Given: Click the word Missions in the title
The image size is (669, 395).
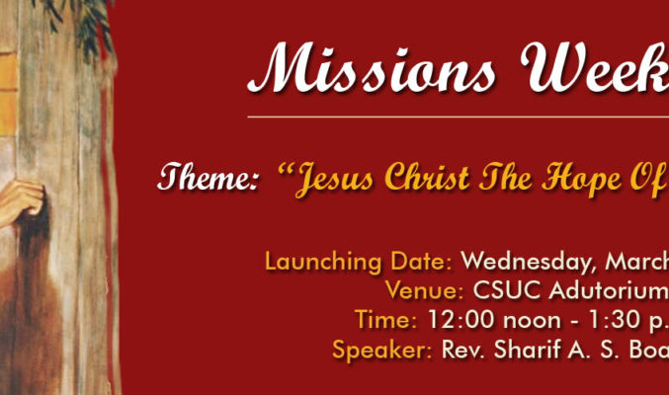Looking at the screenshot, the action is (372, 67).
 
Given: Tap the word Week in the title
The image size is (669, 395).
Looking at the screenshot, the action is (595, 67).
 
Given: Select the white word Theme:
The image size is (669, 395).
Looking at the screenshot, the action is (209, 177).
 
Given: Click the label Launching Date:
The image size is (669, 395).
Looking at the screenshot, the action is (359, 262).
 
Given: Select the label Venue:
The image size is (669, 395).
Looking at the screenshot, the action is (424, 290).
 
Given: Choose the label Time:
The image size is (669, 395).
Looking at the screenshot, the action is (385, 320).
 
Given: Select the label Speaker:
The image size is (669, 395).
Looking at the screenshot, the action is (381, 350).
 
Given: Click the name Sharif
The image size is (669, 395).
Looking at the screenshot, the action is (527, 349).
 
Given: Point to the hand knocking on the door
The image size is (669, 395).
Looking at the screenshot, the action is (22, 201).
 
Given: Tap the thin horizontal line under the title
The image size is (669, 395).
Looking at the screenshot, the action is (459, 117).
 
